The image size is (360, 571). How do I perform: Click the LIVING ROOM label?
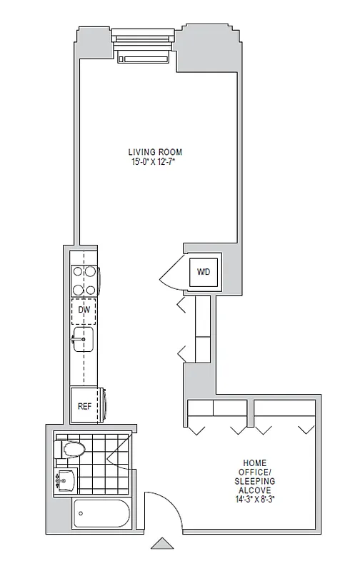(x=155, y=152)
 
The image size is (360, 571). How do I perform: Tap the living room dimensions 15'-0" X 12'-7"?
(x=155, y=162)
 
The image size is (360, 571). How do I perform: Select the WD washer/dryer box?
(x=204, y=271)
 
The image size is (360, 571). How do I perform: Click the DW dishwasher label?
(x=84, y=310)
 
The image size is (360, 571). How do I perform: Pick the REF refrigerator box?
(x=85, y=406)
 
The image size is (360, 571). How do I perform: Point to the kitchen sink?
(x=83, y=339)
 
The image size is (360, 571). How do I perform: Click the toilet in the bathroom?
(x=71, y=449)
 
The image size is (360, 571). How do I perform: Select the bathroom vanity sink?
(x=66, y=480)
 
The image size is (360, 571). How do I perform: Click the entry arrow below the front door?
(x=162, y=544)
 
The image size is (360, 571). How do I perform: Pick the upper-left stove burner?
(x=77, y=272)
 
